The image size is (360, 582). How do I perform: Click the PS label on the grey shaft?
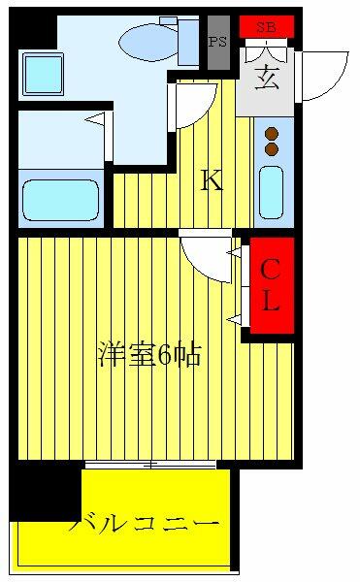point(217,41)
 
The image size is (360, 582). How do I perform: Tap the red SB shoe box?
point(267,27)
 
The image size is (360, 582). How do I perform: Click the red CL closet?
point(273,285)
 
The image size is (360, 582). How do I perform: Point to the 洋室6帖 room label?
point(149,355)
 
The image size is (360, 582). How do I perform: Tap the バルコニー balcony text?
point(144,524)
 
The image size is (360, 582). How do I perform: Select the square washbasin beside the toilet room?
point(43,74)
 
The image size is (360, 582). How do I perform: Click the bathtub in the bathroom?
point(61,200)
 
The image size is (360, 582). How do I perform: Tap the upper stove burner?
point(272,133)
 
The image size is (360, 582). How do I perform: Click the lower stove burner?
point(272,148)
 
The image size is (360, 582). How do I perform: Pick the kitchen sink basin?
point(272,192)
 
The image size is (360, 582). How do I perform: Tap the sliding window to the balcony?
point(150,464)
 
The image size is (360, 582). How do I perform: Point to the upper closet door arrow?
point(234,253)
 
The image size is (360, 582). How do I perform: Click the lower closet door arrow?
point(234,319)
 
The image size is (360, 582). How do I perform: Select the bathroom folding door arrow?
point(94,118)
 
